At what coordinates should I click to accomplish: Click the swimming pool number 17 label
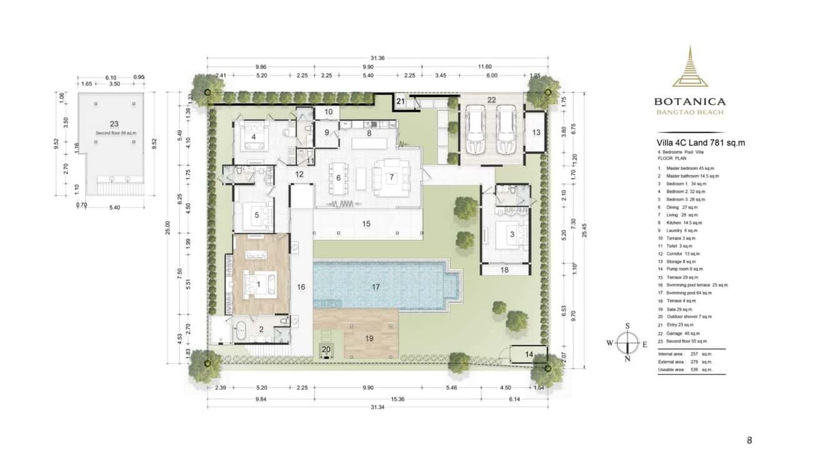pyautogui.click(x=375, y=287)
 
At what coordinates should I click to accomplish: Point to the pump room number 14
pyautogui.click(x=529, y=354)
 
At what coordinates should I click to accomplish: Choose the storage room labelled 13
pyautogui.click(x=536, y=132)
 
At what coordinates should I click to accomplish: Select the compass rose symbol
pyautogui.click(x=628, y=342)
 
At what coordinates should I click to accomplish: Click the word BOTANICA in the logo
pyautogui.click(x=689, y=101)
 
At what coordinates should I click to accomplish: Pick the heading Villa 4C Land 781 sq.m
pyautogui.click(x=701, y=143)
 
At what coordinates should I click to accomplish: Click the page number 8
pyautogui.click(x=749, y=440)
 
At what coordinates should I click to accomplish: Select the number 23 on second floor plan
pyautogui.click(x=114, y=124)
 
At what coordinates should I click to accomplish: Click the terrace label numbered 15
pyautogui.click(x=366, y=223)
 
